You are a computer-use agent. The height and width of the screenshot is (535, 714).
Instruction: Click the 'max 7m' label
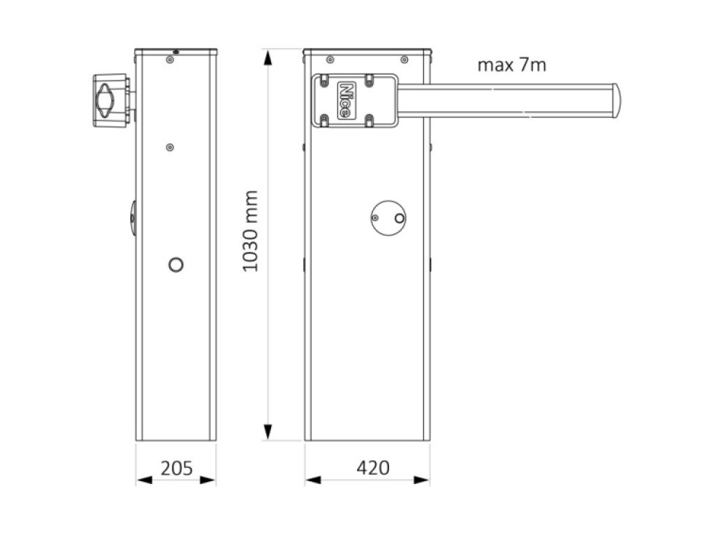[x=511, y=65]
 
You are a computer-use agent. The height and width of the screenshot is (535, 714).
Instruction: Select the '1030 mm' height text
[x=251, y=231]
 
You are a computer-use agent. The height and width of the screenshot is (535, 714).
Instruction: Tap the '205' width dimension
[x=176, y=467]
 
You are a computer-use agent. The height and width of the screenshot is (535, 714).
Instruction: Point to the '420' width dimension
[x=367, y=467]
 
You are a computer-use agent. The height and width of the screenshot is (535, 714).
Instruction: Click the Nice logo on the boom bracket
[x=346, y=100]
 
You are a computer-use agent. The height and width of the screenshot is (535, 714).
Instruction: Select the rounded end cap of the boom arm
[x=616, y=100]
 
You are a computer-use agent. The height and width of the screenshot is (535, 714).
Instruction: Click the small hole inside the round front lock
[x=398, y=218]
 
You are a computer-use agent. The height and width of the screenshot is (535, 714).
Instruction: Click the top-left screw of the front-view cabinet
[x=330, y=59]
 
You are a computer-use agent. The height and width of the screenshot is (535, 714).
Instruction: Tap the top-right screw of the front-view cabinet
[x=404, y=59]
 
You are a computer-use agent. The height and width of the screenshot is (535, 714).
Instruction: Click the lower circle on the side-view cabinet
[x=176, y=265]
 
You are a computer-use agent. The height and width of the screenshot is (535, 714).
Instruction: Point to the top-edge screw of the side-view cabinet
[x=176, y=52]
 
